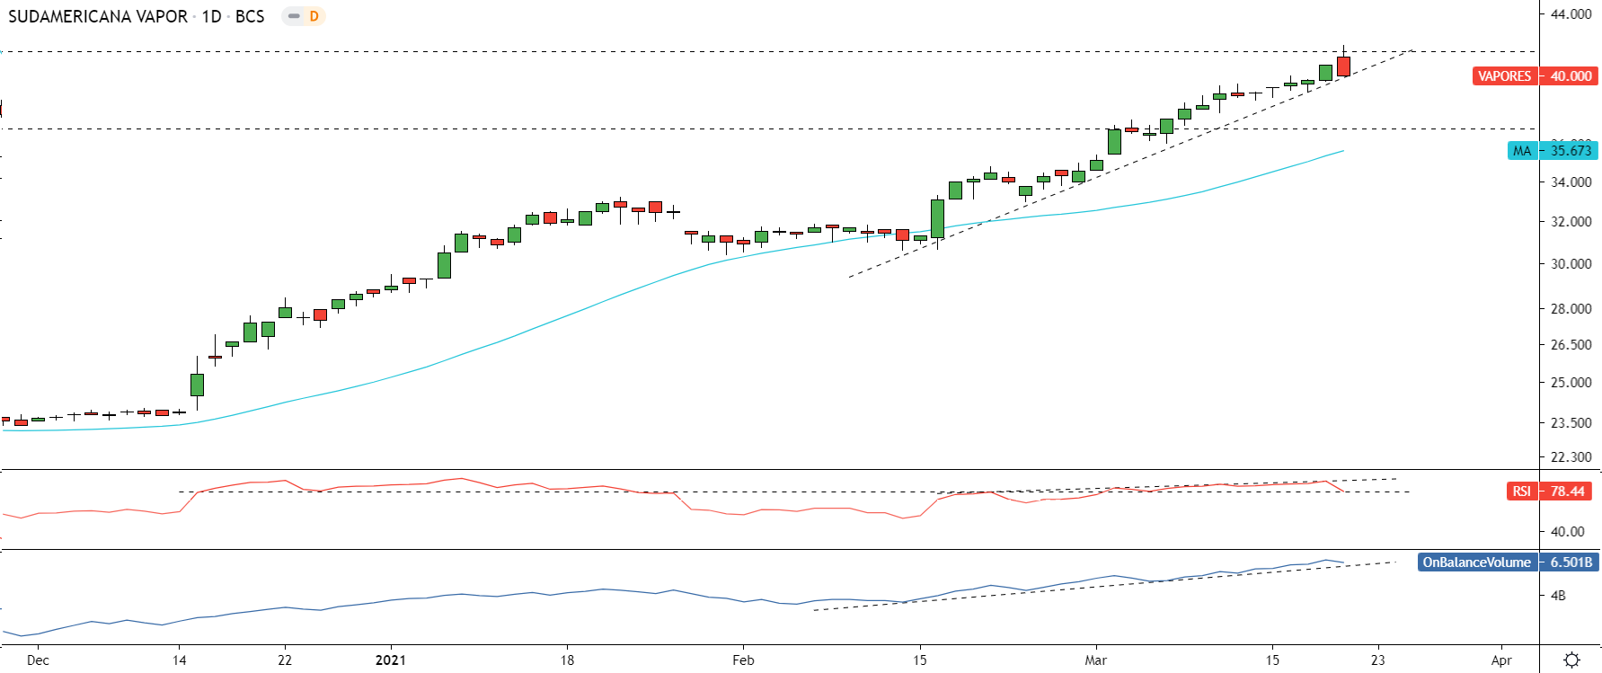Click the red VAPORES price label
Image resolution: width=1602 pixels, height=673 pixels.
click(x=1504, y=76)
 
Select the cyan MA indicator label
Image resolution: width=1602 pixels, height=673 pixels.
click(x=1522, y=151)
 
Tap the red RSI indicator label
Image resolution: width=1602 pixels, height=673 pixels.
click(x=1521, y=491)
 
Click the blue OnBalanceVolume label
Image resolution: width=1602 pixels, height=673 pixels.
click(x=1476, y=562)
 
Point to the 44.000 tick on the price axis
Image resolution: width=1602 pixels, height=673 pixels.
click(x=1571, y=14)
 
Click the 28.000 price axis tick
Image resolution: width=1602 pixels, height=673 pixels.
click(x=1571, y=308)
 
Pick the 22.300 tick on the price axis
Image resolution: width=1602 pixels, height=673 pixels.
click(x=1571, y=456)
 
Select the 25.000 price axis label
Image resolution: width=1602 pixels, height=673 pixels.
click(x=1571, y=382)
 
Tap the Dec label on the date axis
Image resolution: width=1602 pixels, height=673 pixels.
click(x=38, y=660)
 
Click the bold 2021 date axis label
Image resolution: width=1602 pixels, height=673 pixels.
click(x=390, y=660)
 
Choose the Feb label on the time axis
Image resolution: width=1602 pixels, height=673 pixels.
click(x=743, y=660)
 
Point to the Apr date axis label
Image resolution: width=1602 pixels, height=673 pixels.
click(x=1501, y=660)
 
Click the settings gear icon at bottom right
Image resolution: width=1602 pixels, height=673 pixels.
click(x=1571, y=660)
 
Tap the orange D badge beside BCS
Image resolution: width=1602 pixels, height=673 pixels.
click(x=314, y=16)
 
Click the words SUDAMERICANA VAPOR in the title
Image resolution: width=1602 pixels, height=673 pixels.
click(x=98, y=16)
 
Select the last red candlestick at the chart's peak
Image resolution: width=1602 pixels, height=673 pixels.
click(x=1343, y=66)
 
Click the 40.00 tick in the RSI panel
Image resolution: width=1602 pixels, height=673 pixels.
click(x=1568, y=531)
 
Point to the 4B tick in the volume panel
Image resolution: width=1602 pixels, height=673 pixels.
click(x=1558, y=596)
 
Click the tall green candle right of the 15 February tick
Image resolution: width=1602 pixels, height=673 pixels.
click(x=937, y=218)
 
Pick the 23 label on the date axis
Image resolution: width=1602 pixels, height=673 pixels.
click(x=1377, y=660)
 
